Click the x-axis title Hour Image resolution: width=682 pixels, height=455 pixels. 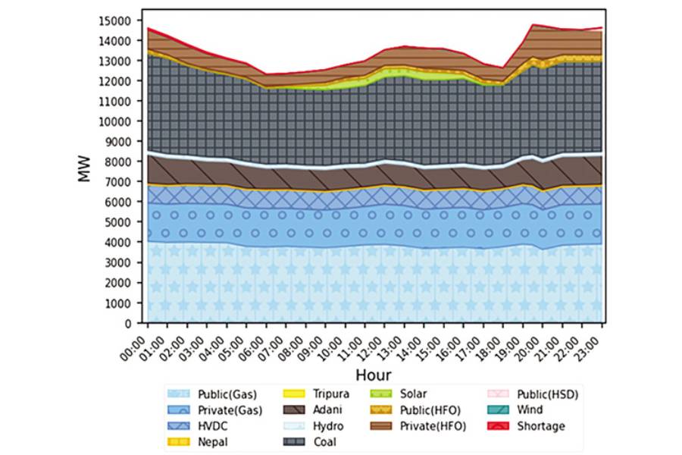[373, 375]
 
